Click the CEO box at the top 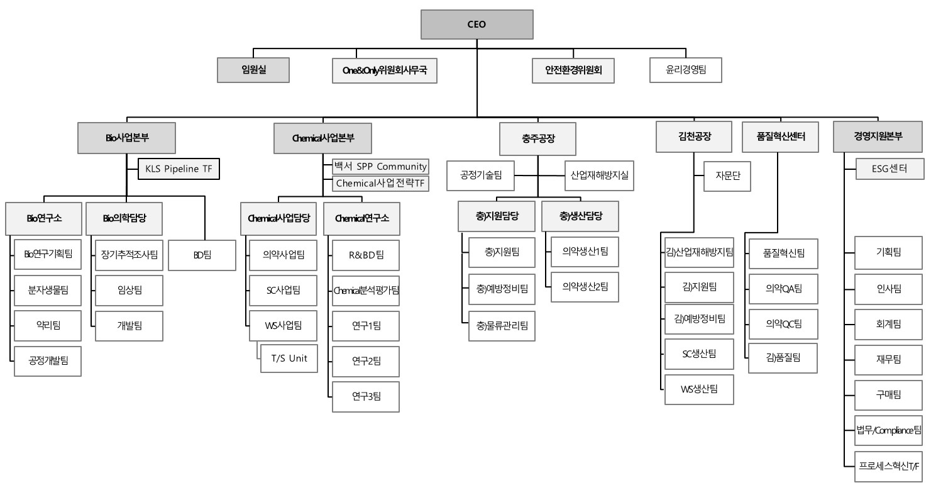tap(477, 25)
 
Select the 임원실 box tap(253, 70)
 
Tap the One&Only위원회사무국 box tap(385, 70)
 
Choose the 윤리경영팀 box tap(686, 70)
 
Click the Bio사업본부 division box tap(126, 138)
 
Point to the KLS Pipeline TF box tap(179, 169)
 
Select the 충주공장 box tap(537, 138)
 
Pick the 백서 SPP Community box tap(380, 167)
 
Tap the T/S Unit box tap(289, 359)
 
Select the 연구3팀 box tap(365, 396)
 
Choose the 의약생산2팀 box tap(585, 287)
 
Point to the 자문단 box tap(727, 177)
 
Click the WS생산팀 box tap(699, 389)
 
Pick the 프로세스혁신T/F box tap(888, 466)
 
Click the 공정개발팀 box tap(48, 361)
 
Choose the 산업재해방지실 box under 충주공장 tap(599, 176)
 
